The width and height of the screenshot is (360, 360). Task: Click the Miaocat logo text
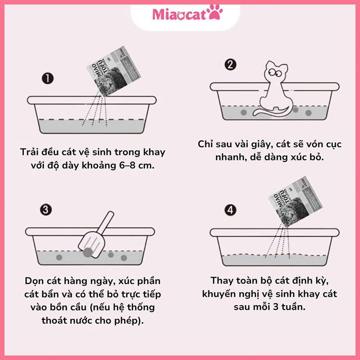point(180,14)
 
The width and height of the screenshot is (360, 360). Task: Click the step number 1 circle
point(47,78)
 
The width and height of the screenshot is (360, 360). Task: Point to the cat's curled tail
point(270,112)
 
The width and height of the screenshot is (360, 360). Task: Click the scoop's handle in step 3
point(106,222)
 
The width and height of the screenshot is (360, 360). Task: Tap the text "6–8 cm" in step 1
point(133,165)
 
